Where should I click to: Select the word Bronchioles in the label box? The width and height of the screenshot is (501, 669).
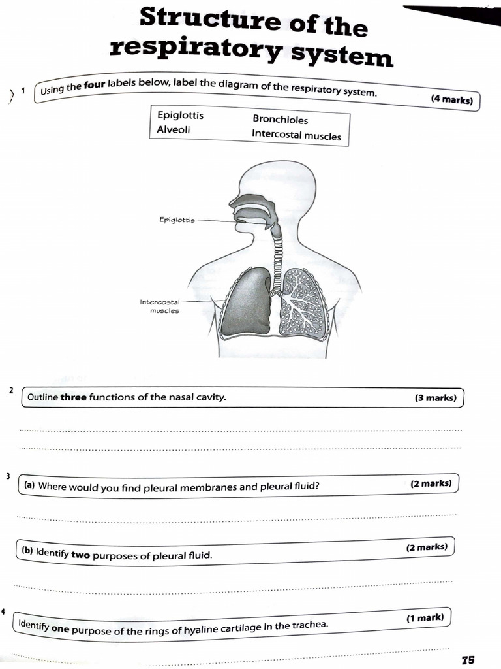pyautogui.click(x=280, y=120)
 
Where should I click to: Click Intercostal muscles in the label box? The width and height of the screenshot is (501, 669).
pyautogui.click(x=296, y=135)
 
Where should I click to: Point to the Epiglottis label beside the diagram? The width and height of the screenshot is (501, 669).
pyautogui.click(x=177, y=220)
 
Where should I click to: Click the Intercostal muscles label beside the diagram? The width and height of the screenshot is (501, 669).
pyautogui.click(x=159, y=306)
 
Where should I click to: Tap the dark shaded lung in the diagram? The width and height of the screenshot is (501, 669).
pyautogui.click(x=245, y=302)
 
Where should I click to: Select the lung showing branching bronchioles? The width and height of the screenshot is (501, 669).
pyautogui.click(x=304, y=303)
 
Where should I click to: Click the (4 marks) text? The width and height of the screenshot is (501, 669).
pyautogui.click(x=451, y=100)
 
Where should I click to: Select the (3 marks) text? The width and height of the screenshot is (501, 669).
pyautogui.click(x=435, y=397)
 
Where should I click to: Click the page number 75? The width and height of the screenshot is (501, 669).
pyautogui.click(x=467, y=660)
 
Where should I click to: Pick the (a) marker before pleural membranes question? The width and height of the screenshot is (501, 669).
pyautogui.click(x=29, y=485)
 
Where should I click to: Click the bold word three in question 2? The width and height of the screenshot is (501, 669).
pyautogui.click(x=74, y=397)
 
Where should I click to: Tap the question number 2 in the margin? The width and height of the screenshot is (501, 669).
pyautogui.click(x=11, y=390)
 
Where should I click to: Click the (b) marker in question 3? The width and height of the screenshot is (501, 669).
pyautogui.click(x=27, y=551)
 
